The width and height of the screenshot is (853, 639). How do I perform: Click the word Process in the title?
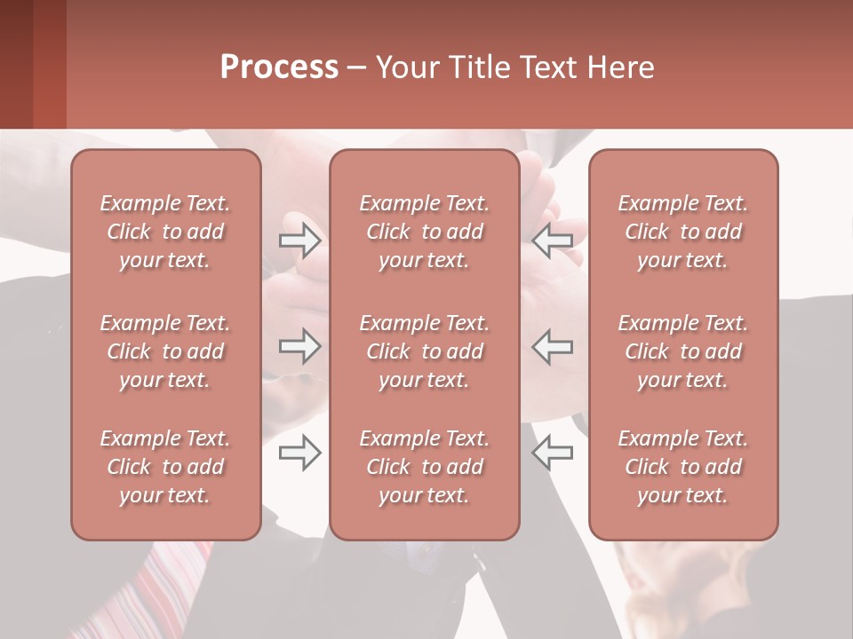point(279,67)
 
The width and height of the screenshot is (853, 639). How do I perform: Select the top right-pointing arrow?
point(299,241)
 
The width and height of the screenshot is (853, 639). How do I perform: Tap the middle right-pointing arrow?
point(299,346)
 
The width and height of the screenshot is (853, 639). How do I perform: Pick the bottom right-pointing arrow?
point(299,454)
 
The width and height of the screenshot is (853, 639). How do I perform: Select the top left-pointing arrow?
point(553,241)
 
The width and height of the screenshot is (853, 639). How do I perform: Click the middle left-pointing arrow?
point(553,346)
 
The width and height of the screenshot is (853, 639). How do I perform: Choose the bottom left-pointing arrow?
point(553,454)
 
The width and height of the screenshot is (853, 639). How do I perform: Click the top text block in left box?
point(165,232)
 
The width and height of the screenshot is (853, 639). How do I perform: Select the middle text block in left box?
point(165,351)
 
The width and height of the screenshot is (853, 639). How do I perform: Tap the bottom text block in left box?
point(165,467)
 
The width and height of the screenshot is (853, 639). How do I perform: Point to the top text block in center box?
point(425,232)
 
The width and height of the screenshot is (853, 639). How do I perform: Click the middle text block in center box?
point(425,351)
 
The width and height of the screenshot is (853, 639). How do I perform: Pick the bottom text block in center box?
point(425,467)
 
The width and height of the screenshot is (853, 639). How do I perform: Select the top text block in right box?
point(683,232)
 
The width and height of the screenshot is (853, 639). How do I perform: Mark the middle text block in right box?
point(683,351)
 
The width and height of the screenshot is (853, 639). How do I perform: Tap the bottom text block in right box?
point(683,467)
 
